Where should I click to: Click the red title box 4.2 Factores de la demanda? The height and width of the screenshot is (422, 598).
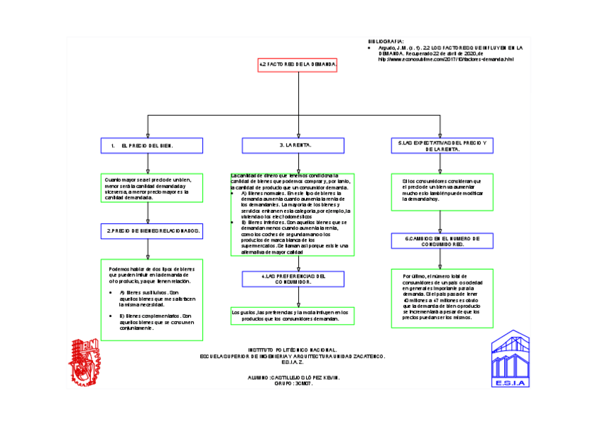pyautogui.click(x=298, y=66)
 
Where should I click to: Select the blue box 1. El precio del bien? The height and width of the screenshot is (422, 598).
pyautogui.click(x=152, y=146)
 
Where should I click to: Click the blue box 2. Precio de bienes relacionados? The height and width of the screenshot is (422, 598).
pyautogui.click(x=152, y=231)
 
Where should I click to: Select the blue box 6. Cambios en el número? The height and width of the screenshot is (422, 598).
pyautogui.click(x=441, y=242)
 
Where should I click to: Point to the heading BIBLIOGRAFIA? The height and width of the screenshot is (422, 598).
pyautogui.click(x=387, y=41)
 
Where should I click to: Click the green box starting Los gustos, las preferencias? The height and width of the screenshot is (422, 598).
pyautogui.click(x=291, y=315)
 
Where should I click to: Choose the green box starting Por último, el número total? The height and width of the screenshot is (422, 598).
pyautogui.click(x=441, y=297)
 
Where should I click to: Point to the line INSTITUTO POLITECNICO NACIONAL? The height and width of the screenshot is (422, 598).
pyautogui.click(x=292, y=350)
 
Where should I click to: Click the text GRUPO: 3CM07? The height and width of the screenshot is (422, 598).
pyautogui.click(x=291, y=384)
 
